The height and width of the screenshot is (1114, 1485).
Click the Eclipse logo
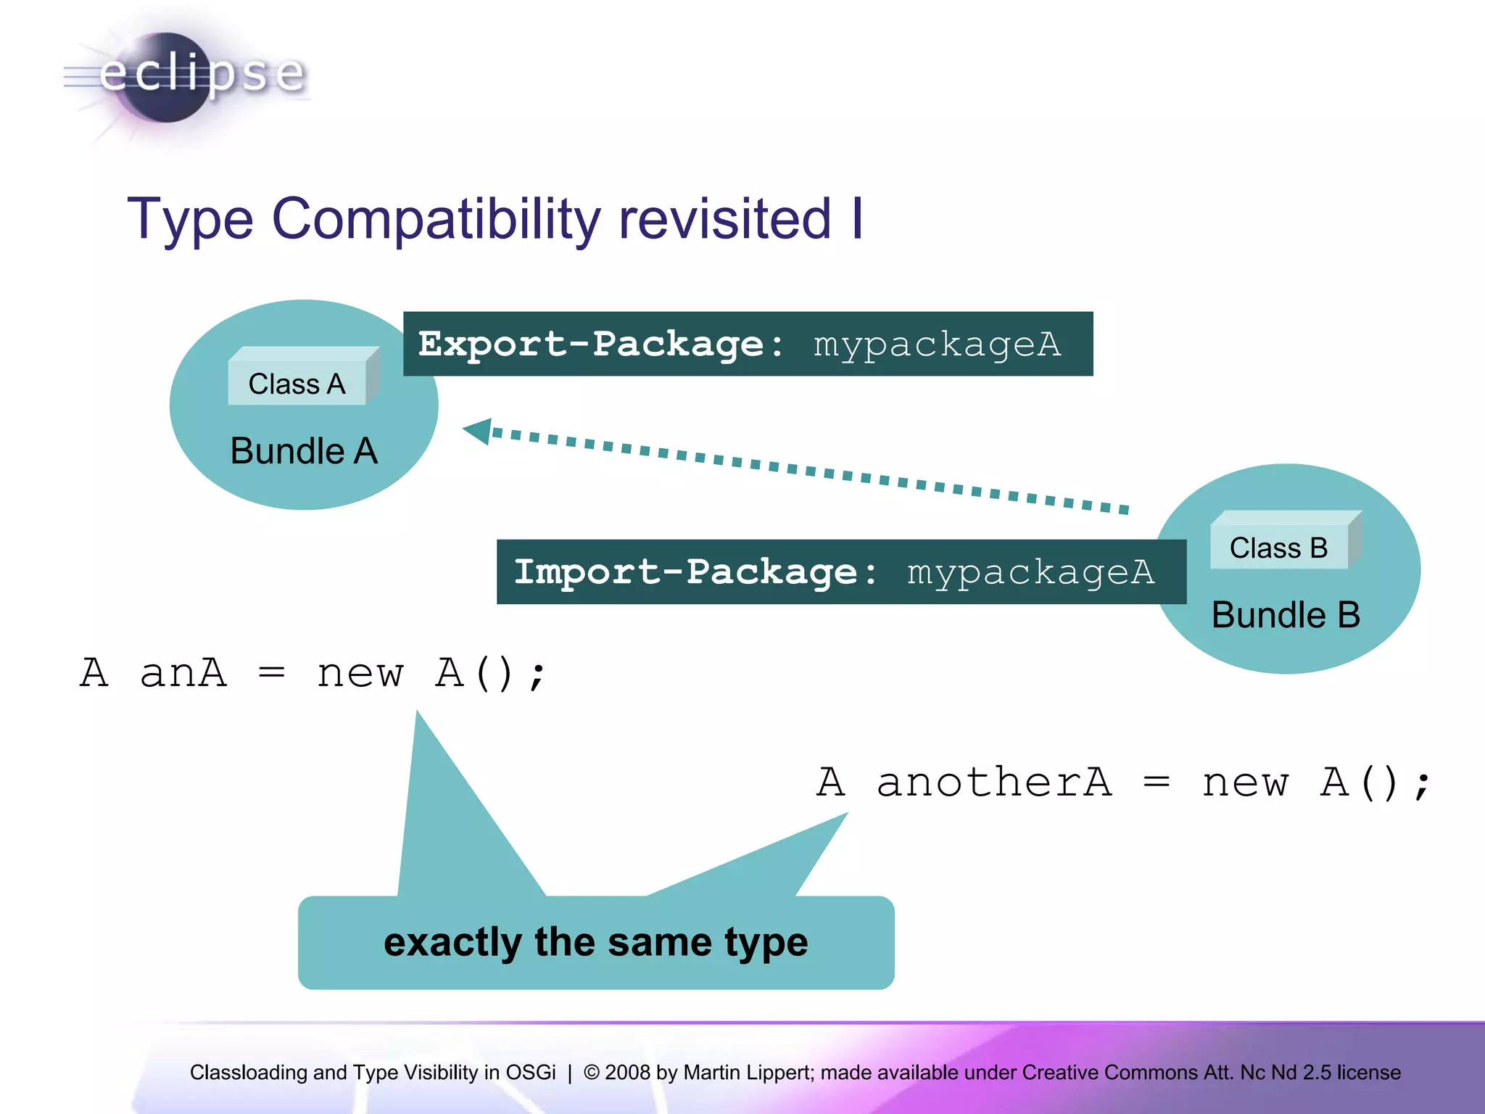point(185,76)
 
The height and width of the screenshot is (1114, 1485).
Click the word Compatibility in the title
point(436,219)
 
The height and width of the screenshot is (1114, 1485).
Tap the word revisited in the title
point(724,219)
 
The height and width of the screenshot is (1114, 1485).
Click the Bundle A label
point(304,451)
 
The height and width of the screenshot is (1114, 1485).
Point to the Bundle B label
point(1286,615)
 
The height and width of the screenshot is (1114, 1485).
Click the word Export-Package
point(592,344)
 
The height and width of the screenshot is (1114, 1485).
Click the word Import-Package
point(686,572)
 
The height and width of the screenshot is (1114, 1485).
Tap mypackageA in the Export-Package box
point(937,344)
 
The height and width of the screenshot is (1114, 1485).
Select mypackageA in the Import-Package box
point(1030,572)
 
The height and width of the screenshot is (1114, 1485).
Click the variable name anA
point(183,673)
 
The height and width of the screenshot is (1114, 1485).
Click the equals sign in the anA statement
point(271,673)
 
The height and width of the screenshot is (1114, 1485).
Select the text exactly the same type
point(595,942)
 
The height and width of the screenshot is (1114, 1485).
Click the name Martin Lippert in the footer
point(748,1072)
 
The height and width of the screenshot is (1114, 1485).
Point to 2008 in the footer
point(627,1072)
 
